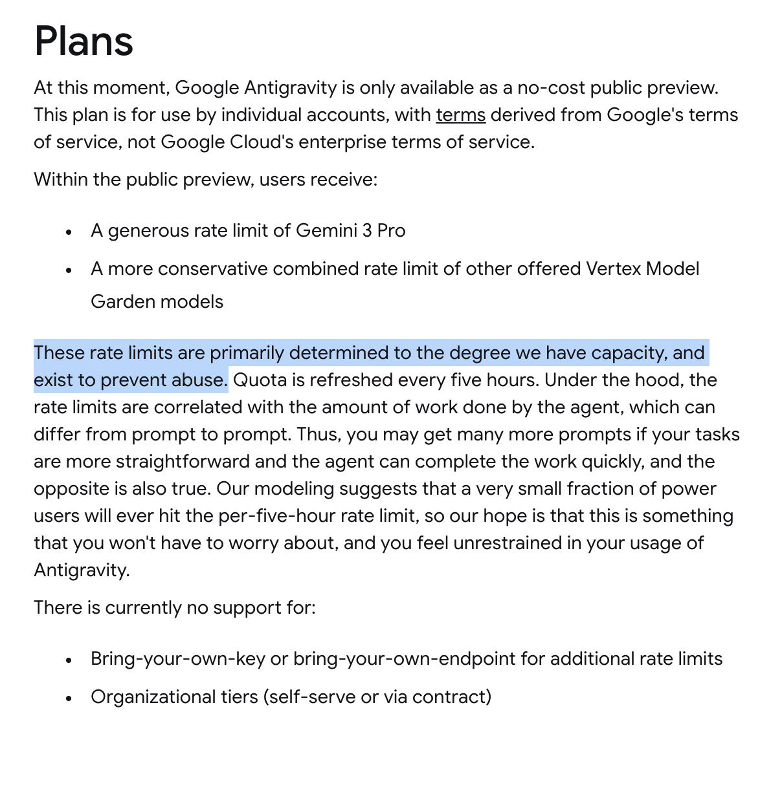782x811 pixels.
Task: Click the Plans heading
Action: [84, 41]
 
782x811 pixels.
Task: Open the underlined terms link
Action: [460, 115]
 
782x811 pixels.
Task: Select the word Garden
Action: [121, 302]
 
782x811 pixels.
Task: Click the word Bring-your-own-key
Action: [178, 659]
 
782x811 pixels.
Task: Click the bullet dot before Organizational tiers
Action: [69, 698]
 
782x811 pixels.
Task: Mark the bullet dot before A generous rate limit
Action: [69, 232]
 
